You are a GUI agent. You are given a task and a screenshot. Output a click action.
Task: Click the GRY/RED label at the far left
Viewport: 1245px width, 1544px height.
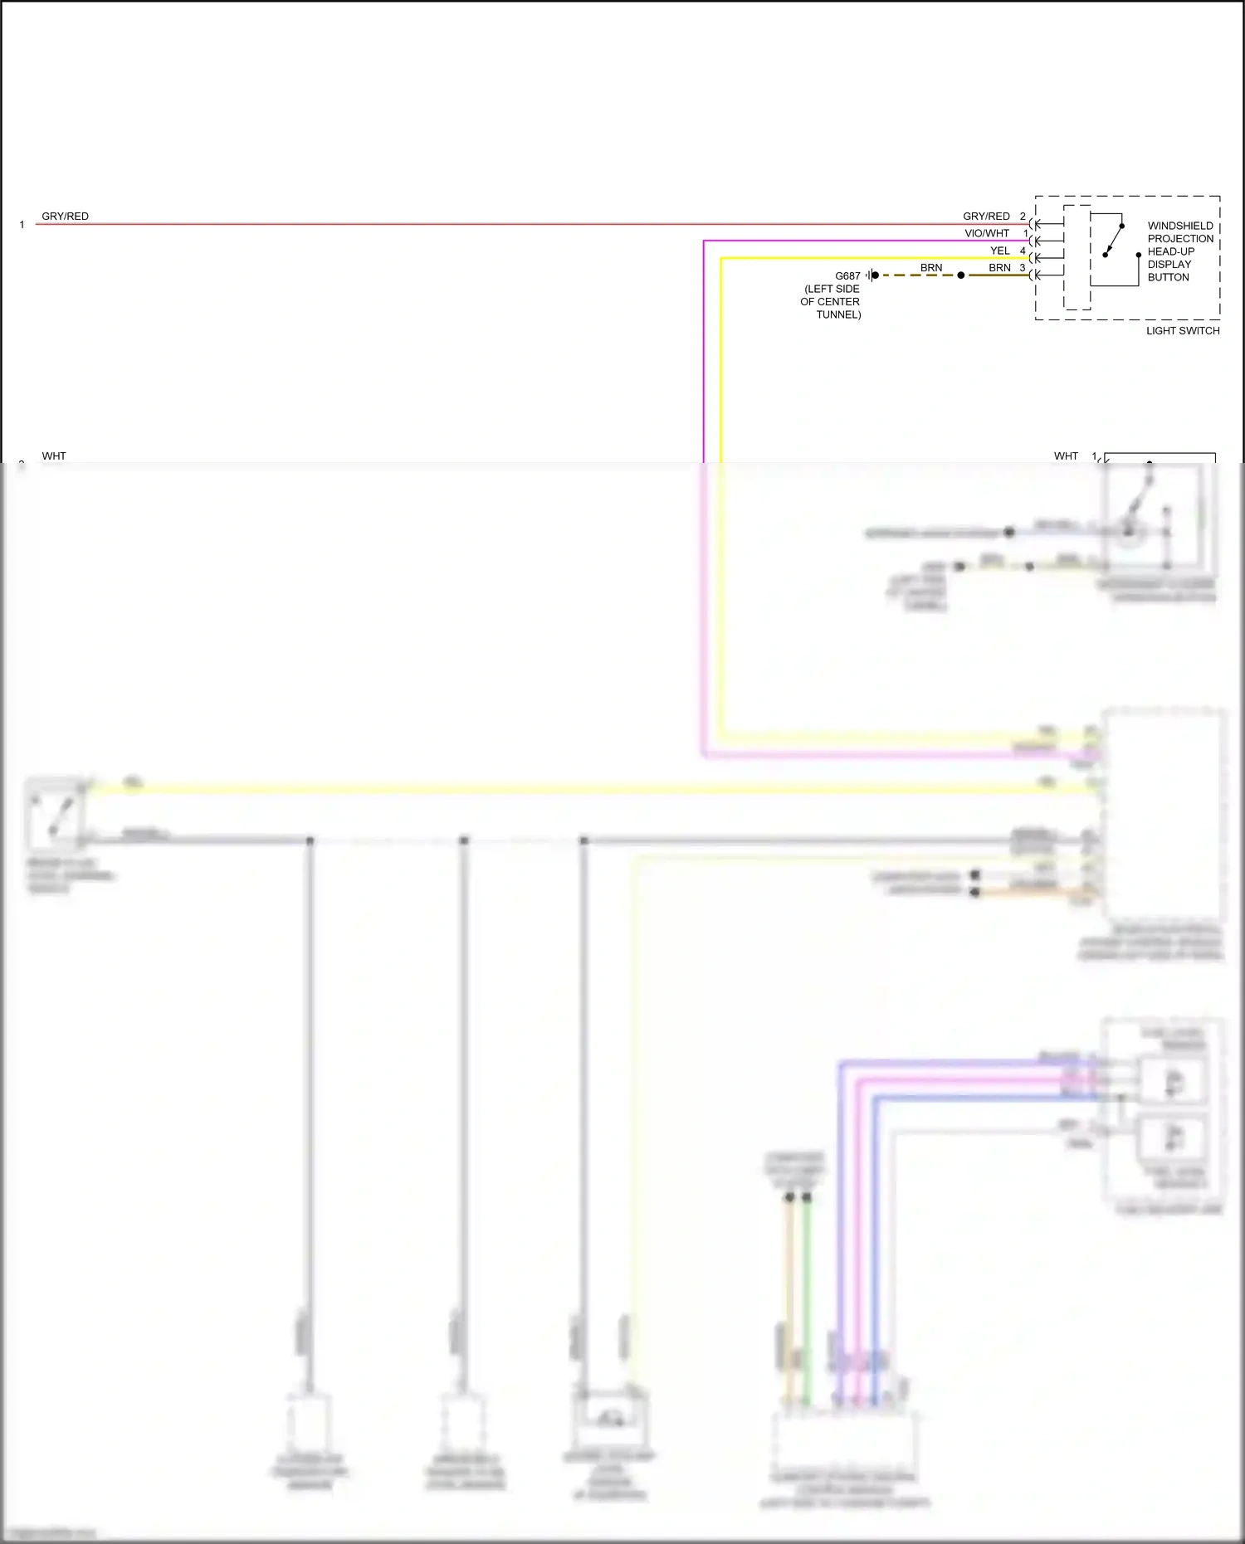[x=65, y=217]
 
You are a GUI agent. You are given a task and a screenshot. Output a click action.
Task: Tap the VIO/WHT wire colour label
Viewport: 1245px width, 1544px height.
[x=987, y=234]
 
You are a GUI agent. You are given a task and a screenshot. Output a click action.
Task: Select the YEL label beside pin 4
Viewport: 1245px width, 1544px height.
[x=1000, y=251]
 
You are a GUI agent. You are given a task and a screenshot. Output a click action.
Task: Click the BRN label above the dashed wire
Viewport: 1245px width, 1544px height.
[x=931, y=268]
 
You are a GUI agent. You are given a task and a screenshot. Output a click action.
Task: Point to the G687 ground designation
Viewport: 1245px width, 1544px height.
[x=847, y=276]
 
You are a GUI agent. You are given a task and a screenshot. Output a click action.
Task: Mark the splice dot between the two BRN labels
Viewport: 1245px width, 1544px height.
[x=961, y=275]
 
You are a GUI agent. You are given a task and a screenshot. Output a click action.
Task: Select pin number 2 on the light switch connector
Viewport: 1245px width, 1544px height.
[x=1023, y=217]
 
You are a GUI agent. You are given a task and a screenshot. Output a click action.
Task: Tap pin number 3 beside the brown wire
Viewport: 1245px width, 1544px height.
[x=1023, y=268]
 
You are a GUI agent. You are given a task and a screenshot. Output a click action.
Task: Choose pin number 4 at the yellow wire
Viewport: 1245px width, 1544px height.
[x=1023, y=251]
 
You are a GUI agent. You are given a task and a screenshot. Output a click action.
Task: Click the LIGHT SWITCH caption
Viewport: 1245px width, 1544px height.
[x=1183, y=331]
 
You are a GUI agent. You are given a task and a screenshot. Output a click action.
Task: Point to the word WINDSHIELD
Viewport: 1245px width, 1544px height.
[x=1180, y=226]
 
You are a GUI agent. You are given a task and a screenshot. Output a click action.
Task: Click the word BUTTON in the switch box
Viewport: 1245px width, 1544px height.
[x=1168, y=277]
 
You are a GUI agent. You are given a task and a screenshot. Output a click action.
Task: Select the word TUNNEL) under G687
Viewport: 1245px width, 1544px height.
[x=838, y=314]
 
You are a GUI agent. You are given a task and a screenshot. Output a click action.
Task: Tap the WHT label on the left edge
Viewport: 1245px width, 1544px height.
[x=54, y=456]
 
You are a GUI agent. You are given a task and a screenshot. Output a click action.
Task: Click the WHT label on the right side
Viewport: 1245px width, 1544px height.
[x=1066, y=456]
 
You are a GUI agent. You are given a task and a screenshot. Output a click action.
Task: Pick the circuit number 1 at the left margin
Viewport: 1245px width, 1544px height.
[x=22, y=225]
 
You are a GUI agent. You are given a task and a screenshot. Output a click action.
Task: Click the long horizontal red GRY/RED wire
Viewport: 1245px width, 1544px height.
[x=498, y=224]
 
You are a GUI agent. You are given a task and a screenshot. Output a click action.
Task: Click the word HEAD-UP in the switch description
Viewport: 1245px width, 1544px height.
[x=1171, y=251]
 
